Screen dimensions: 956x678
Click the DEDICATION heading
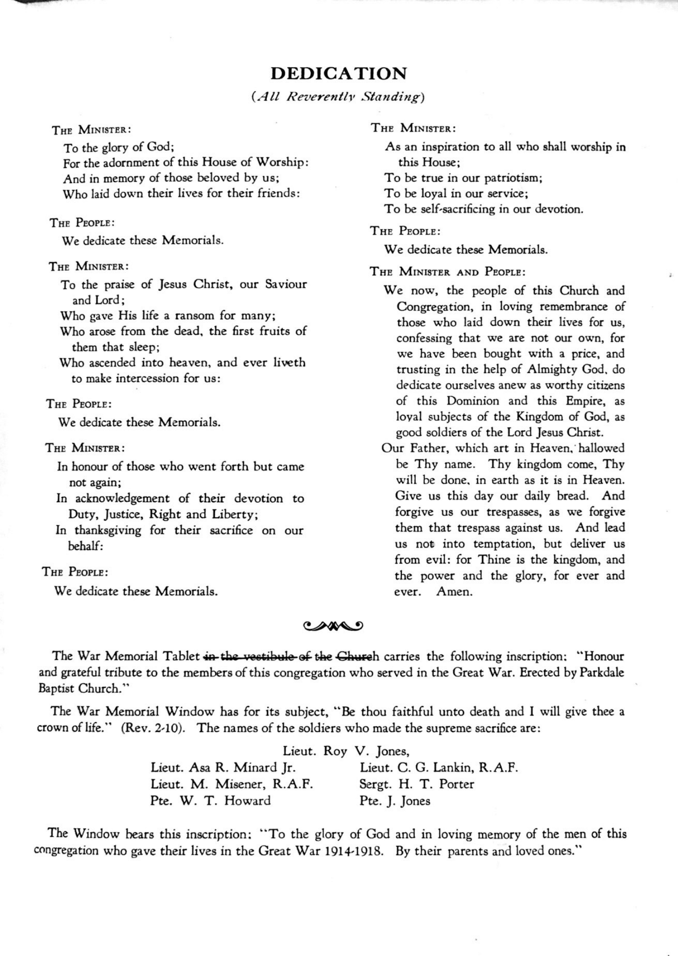(339, 74)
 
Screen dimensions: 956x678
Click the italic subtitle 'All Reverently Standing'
(338, 97)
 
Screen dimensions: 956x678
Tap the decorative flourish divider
(333, 625)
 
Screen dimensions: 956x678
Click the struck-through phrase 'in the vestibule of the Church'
(291, 656)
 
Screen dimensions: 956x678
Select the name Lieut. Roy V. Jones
(346, 751)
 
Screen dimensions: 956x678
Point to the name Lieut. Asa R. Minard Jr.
(223, 767)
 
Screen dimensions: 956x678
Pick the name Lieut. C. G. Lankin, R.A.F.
(439, 767)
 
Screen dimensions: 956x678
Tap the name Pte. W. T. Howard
(210, 801)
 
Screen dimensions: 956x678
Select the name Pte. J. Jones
(395, 801)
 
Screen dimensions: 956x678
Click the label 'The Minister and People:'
(447, 271)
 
